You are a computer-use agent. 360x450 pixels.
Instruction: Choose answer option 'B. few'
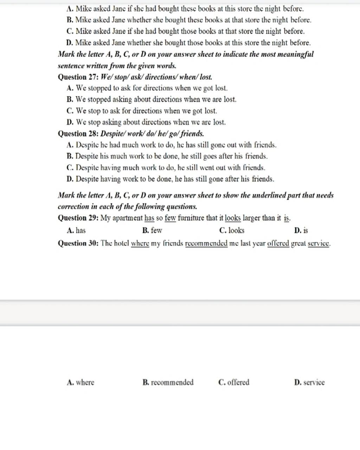(152, 231)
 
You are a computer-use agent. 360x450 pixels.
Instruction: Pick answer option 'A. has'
(76, 231)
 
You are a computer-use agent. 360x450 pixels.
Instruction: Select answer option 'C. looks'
(231, 231)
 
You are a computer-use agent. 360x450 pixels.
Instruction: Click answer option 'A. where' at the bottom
(81, 382)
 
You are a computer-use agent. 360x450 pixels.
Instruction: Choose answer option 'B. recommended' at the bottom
(168, 382)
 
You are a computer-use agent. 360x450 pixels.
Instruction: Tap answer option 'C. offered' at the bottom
(234, 382)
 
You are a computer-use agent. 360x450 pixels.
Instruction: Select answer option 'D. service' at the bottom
(309, 382)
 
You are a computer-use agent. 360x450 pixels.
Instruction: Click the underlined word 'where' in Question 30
(140, 243)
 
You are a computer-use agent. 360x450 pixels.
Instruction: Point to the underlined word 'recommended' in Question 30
(206, 243)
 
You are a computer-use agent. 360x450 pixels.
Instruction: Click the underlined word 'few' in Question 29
(170, 218)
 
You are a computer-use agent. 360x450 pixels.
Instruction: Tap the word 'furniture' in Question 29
(191, 218)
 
